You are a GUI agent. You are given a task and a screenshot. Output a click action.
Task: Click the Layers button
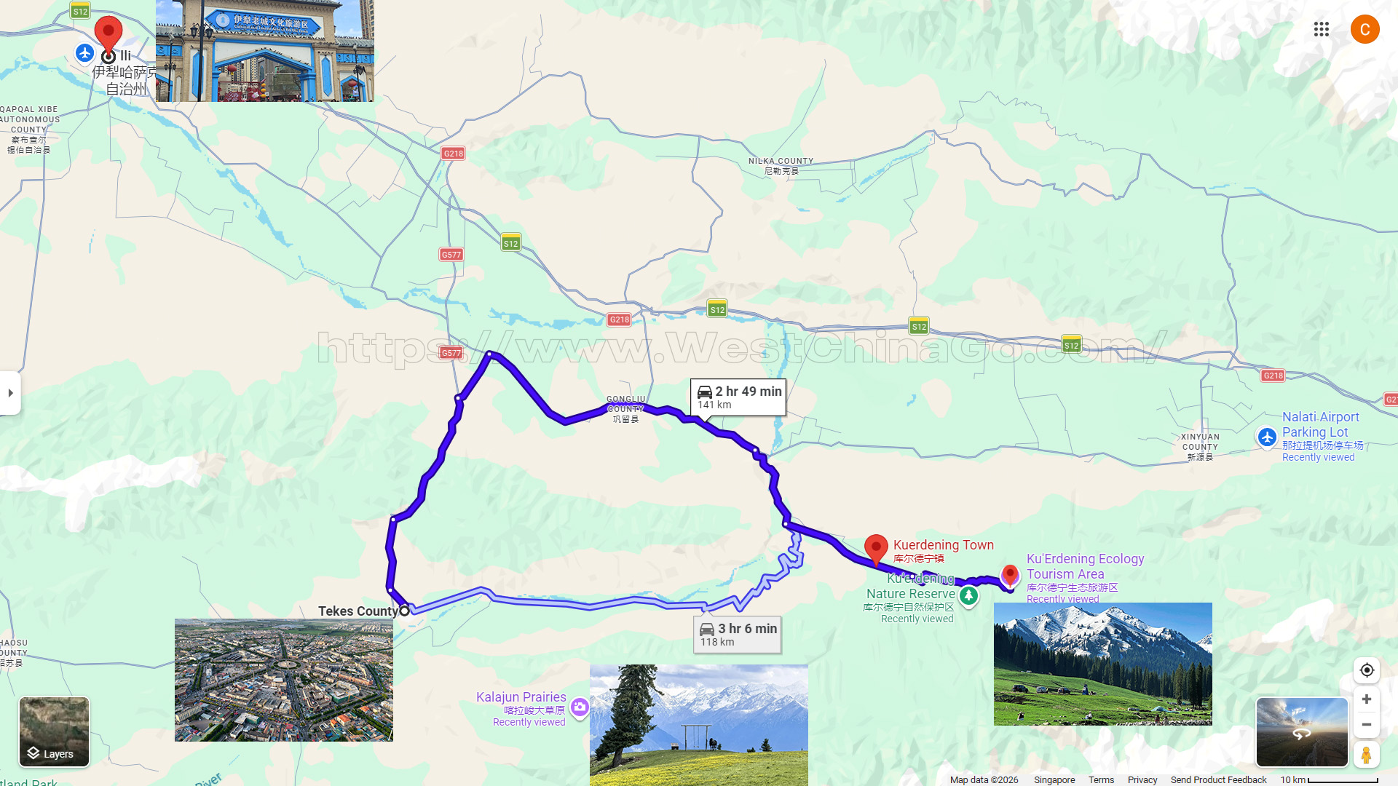coord(54,731)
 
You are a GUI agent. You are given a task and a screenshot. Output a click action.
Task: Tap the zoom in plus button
coord(1367,699)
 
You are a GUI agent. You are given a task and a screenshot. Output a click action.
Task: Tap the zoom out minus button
coord(1367,725)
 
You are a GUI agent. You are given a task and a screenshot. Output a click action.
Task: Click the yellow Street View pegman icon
coord(1367,755)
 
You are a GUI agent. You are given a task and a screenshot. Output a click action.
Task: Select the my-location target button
coord(1367,670)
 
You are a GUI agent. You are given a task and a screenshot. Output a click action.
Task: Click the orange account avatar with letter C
coord(1365,29)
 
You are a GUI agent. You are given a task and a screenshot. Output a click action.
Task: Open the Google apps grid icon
coord(1322,29)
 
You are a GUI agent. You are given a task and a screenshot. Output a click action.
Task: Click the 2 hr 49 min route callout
coord(738,397)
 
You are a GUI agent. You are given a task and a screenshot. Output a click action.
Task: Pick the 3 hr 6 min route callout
coord(738,634)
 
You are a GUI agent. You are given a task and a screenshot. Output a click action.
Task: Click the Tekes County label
coord(358,611)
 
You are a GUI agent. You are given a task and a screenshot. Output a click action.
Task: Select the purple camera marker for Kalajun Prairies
coord(580,707)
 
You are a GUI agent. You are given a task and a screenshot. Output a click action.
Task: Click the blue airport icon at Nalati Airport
coord(1267,437)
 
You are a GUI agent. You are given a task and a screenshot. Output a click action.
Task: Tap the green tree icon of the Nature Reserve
coord(968,596)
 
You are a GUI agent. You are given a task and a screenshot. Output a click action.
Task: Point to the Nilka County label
coord(781,166)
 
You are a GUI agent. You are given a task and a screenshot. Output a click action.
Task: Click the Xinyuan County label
coord(1200,447)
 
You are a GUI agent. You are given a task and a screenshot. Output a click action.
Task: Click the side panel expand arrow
coord(10,393)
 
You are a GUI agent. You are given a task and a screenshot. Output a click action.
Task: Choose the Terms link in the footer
coord(1101,779)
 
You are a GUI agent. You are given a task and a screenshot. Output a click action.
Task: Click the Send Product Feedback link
coord(1218,779)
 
